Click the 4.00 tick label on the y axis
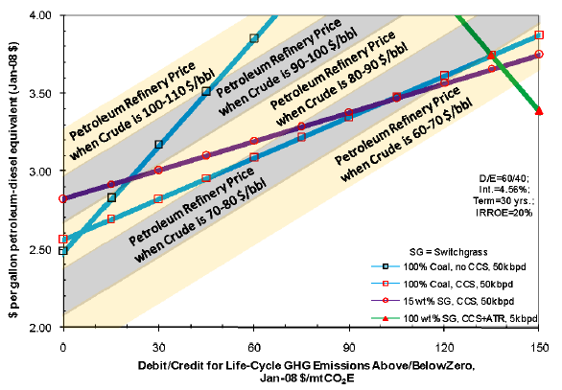[x=41, y=15]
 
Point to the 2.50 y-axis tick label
[x=41, y=249]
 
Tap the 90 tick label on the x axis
[x=349, y=348]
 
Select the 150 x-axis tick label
[x=539, y=348]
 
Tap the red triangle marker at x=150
[x=539, y=110]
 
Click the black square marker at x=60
[x=254, y=38]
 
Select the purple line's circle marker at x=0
[x=63, y=198]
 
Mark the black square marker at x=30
[x=158, y=145]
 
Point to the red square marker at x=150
[x=539, y=34]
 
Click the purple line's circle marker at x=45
[x=206, y=155]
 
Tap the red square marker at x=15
[x=111, y=218]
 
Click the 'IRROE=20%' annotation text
[x=503, y=213]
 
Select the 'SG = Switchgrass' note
[x=449, y=252]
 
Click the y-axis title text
[x=13, y=180]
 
